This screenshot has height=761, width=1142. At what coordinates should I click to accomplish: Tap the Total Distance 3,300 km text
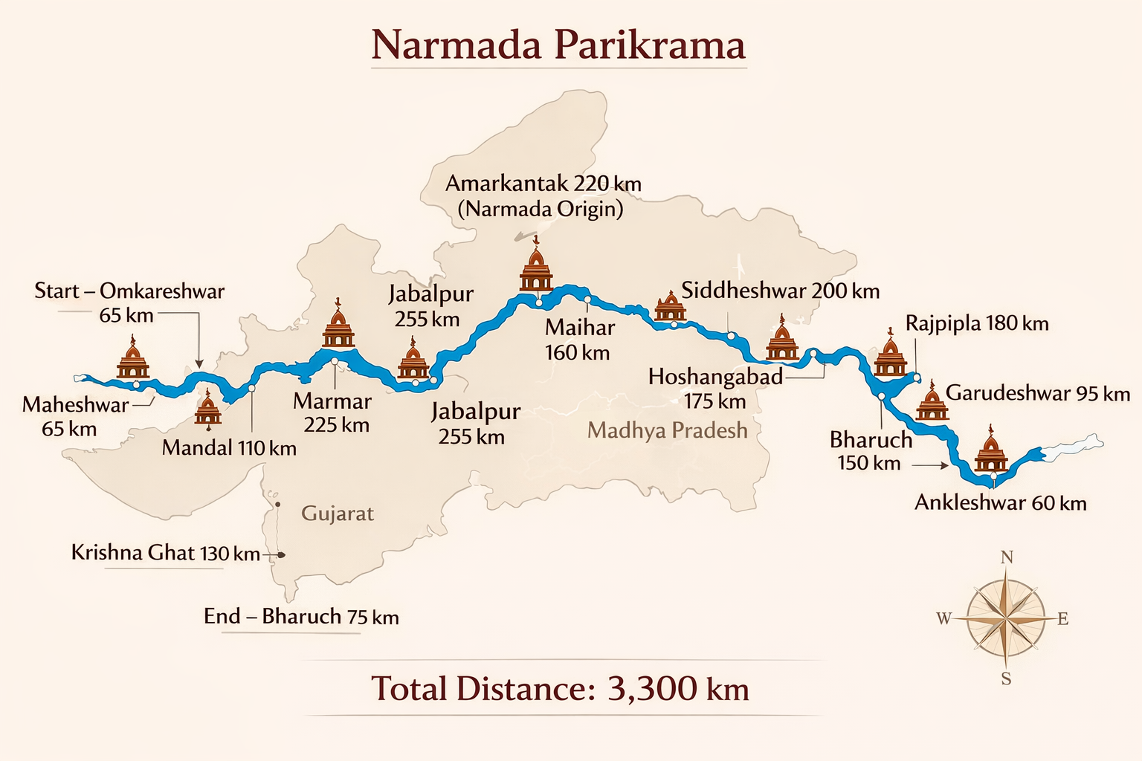560,689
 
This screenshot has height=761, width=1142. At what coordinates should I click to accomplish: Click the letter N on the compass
1007,557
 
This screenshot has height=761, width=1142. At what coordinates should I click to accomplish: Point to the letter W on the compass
943,618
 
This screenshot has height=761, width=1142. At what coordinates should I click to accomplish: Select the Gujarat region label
338,514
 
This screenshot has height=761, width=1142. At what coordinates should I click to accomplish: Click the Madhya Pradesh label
667,430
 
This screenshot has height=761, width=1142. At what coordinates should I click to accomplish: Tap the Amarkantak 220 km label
543,184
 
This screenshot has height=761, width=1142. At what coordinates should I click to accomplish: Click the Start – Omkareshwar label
129,291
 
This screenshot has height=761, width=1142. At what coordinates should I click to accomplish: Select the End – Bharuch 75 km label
301,616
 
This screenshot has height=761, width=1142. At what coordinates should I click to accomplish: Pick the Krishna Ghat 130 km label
165,553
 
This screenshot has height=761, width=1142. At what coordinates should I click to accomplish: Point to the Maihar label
580,328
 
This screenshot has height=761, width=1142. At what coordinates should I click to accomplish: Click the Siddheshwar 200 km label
780,291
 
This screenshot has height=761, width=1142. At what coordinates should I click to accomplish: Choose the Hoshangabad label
715,377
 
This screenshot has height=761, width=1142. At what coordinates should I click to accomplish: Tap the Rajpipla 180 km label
976,323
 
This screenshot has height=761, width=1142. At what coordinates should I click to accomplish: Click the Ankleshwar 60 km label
1000,503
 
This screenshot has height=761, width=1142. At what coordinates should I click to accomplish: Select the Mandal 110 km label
229,448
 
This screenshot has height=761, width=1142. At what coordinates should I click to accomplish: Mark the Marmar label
332,401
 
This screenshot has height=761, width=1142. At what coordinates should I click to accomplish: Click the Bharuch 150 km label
871,450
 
